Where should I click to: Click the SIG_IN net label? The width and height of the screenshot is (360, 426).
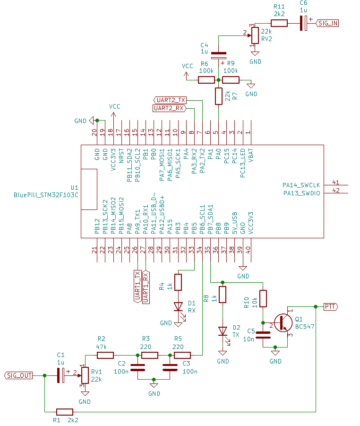(327, 23)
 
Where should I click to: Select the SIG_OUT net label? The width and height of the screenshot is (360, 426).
(19, 375)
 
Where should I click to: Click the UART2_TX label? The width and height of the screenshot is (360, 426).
(171, 100)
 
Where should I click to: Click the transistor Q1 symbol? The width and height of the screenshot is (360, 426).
(283, 322)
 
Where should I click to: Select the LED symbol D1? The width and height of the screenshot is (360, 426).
(178, 306)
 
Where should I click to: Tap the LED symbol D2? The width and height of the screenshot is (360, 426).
(223, 331)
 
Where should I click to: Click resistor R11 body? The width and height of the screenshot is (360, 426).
(279, 23)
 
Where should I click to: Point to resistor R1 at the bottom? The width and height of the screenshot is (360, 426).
(64, 412)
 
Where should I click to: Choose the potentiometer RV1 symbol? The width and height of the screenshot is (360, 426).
(85, 375)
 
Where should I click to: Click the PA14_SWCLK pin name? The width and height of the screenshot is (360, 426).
(301, 185)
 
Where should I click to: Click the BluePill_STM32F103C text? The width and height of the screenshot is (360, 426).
(46, 194)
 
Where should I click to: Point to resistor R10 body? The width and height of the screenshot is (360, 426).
(263, 298)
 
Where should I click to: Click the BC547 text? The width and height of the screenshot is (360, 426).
(305, 327)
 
